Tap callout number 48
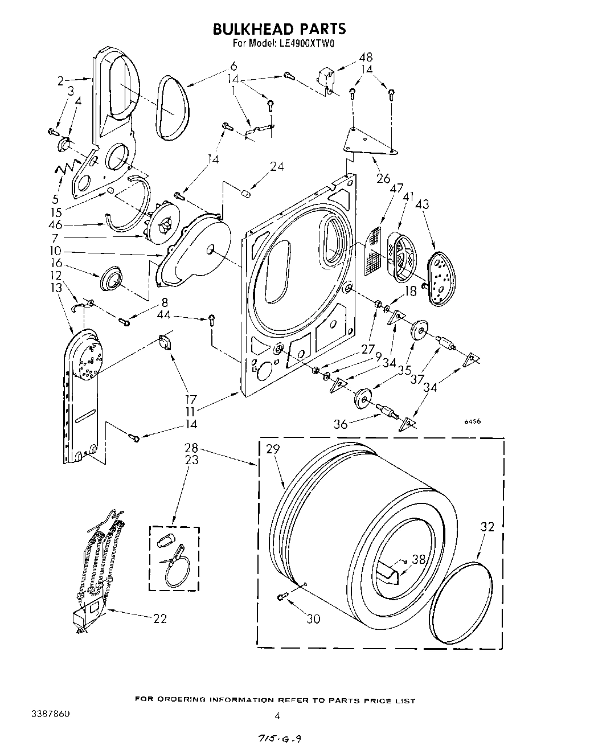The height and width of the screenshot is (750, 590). (x=366, y=57)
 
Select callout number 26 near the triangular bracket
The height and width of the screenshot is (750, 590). (x=383, y=178)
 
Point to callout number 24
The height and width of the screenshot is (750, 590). (x=277, y=167)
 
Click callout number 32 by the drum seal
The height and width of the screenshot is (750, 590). (x=487, y=527)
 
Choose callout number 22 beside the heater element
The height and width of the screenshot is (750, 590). (x=160, y=618)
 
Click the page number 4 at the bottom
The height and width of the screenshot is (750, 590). (x=277, y=716)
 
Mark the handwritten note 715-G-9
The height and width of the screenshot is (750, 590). (x=275, y=739)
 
